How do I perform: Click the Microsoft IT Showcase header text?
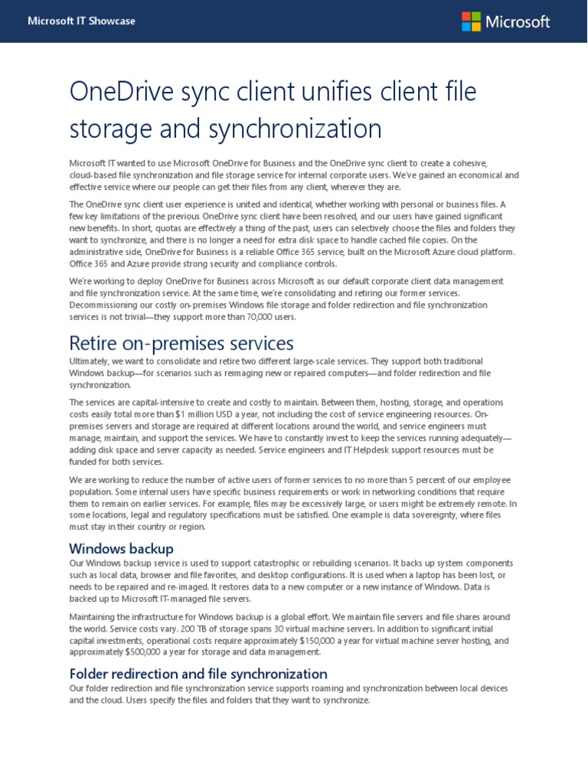(x=81, y=21)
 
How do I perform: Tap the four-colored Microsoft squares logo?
(x=471, y=21)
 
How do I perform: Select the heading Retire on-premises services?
(x=181, y=341)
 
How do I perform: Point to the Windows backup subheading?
(x=121, y=548)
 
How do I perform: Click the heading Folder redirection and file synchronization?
(x=198, y=674)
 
